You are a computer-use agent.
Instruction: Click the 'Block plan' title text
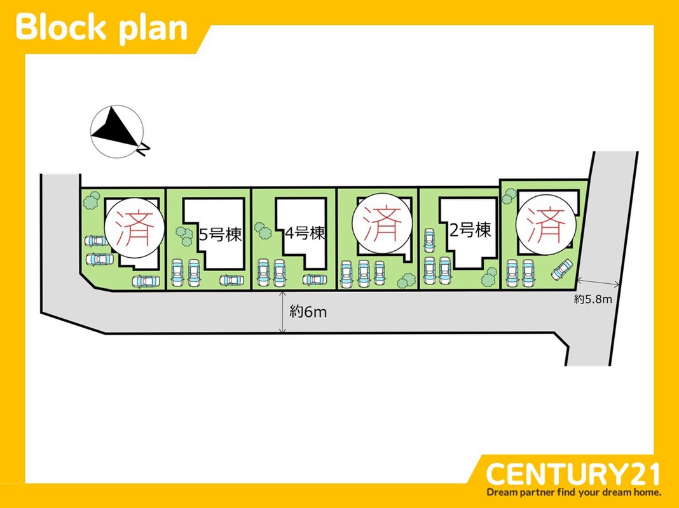(102, 28)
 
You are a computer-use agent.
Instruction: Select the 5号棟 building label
(221, 235)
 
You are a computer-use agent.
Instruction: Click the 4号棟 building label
(305, 234)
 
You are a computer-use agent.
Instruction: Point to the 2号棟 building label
(470, 229)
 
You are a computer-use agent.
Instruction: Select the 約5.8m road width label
(593, 299)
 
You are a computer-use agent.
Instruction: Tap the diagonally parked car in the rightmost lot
(562, 269)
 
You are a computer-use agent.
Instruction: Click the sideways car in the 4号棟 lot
(315, 279)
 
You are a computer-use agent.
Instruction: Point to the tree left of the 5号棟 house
(185, 236)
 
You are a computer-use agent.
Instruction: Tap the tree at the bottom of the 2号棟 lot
(489, 276)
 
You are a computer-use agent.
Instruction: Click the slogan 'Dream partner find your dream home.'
(573, 492)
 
